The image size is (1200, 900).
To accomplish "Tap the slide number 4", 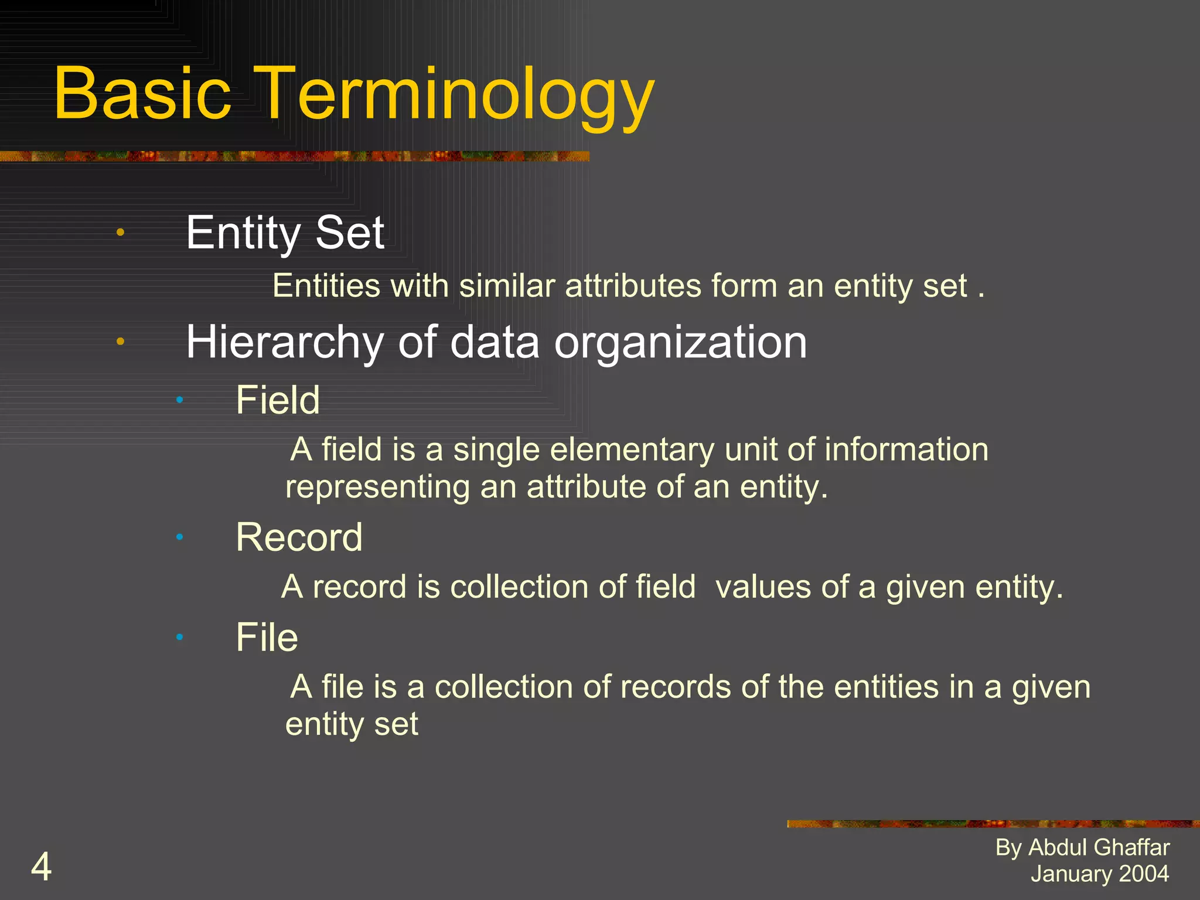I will (41, 867).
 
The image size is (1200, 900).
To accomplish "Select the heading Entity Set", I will (285, 233).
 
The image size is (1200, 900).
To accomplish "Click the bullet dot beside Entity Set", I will (120, 232).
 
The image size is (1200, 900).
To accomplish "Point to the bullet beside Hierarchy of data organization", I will (120, 341).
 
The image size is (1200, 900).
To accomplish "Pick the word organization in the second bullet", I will (680, 342).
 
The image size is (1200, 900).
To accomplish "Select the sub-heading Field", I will (278, 400).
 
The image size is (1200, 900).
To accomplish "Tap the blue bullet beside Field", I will (180, 400).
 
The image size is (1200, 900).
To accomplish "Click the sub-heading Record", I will (299, 537).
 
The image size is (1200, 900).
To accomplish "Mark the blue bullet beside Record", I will (180, 537).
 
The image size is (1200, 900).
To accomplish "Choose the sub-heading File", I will (267, 637).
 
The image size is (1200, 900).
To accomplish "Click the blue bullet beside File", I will (180, 636).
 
